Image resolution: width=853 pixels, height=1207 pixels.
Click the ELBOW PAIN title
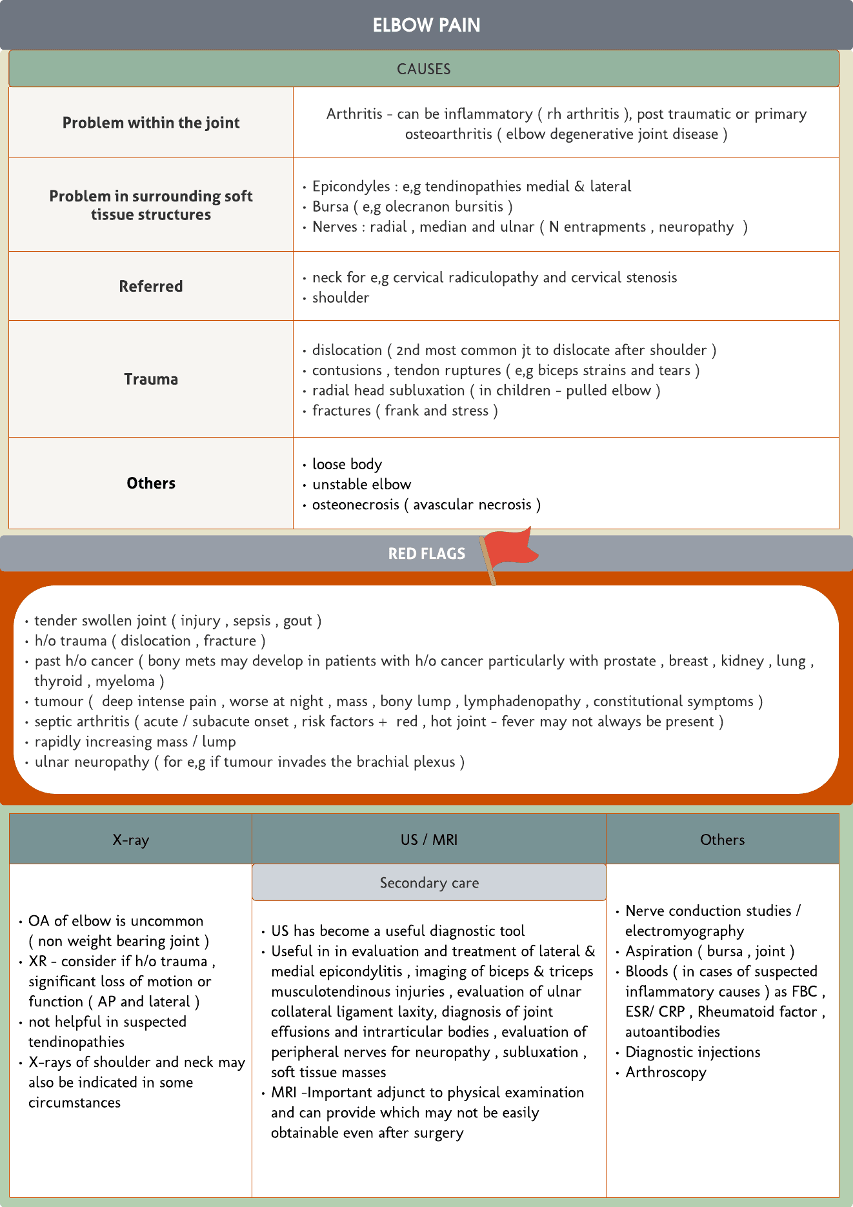tap(426, 25)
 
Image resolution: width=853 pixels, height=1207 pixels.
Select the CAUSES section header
tap(423, 69)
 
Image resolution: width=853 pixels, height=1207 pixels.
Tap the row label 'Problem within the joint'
tap(151, 123)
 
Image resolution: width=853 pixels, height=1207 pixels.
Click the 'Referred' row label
tap(151, 286)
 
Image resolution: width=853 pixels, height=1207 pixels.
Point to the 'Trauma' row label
tap(151, 379)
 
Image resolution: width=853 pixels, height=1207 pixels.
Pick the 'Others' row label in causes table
tap(151, 483)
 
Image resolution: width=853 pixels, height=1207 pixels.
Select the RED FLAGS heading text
tap(426, 554)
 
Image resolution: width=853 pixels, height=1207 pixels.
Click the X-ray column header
tap(130, 840)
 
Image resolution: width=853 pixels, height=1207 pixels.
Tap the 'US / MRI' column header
tap(429, 840)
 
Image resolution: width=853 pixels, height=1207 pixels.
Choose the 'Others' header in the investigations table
tap(722, 840)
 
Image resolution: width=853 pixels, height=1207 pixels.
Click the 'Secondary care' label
tap(429, 883)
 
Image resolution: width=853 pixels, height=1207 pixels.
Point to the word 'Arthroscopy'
tap(666, 1072)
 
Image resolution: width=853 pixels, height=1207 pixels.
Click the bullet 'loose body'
tap(347, 464)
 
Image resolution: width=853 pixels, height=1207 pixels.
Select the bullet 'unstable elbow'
tap(361, 484)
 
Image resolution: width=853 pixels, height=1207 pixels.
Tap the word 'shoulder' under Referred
tap(341, 298)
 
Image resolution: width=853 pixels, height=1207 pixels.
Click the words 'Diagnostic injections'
tap(693, 1052)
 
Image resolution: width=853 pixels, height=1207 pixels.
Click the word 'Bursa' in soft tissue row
tap(330, 207)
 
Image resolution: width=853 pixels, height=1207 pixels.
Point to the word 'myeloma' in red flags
tap(125, 681)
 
